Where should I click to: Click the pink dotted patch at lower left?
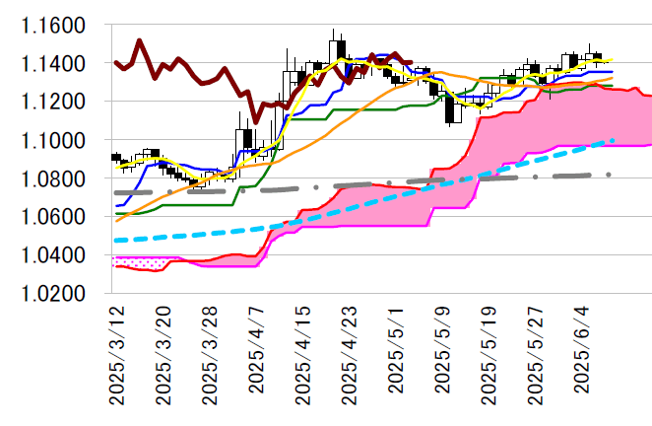click(x=133, y=262)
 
